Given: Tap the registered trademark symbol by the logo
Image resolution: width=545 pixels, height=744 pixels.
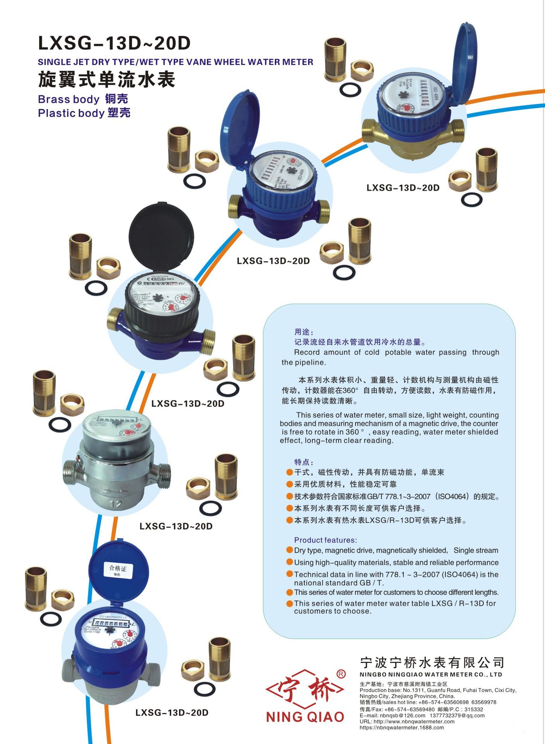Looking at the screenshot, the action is coord(340,674).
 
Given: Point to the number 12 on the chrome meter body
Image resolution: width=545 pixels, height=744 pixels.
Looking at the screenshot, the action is coord(116,504).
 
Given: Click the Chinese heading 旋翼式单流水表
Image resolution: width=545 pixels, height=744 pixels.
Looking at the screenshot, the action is coord(107,79).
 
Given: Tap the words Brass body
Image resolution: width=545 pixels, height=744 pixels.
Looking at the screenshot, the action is coord(69,99).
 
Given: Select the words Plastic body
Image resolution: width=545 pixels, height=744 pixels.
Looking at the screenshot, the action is coord(71,113).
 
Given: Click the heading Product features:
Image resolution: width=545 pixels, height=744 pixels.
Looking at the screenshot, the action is coord(325,540).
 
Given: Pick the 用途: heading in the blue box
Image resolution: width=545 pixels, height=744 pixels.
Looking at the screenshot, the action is coord(304,332).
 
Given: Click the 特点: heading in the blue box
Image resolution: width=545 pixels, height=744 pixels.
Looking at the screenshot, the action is coord(304,462).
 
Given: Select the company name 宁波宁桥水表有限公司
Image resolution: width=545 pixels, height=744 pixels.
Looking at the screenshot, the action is coord(432,663).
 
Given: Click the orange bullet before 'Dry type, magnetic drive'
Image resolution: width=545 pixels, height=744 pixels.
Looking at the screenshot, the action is coord(289,550).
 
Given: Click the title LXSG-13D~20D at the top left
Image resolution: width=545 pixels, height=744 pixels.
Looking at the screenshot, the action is coord(114,43).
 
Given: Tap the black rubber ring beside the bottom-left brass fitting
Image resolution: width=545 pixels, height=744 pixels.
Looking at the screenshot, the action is coord(51,619).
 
